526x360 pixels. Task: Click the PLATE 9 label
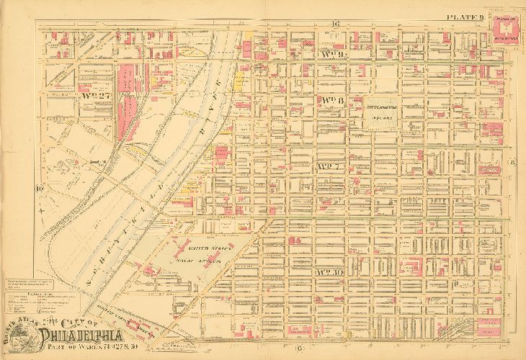464,17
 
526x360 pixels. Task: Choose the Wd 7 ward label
328,167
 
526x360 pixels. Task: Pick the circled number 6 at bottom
277,350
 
